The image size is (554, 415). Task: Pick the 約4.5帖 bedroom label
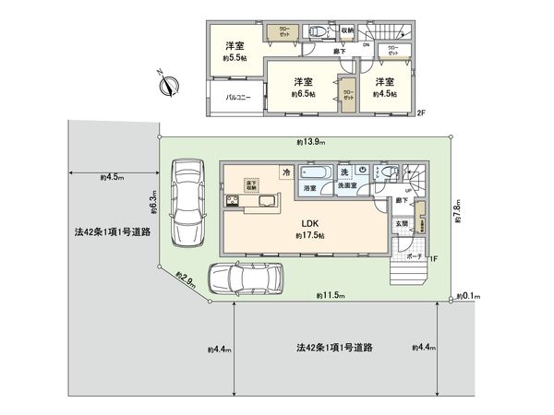pyautogui.click(x=386, y=87)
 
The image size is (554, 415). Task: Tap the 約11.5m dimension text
pyautogui.click(x=329, y=295)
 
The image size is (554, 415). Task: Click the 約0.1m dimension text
pyautogui.click(x=471, y=296)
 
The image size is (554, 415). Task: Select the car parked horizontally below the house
pyautogui.click(x=246, y=277)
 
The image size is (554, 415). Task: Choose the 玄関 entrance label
pyautogui.click(x=401, y=223)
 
